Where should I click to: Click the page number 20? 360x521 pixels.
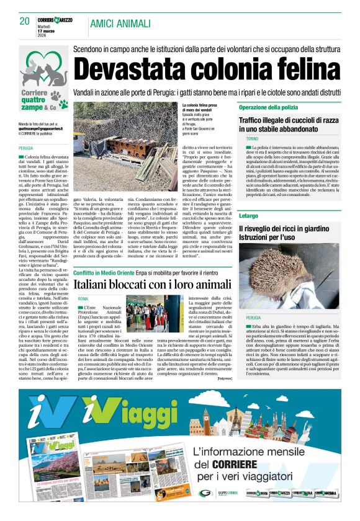point(24,22)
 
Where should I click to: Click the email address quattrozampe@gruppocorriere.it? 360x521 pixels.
point(38,128)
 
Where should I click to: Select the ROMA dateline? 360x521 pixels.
point(83,300)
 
